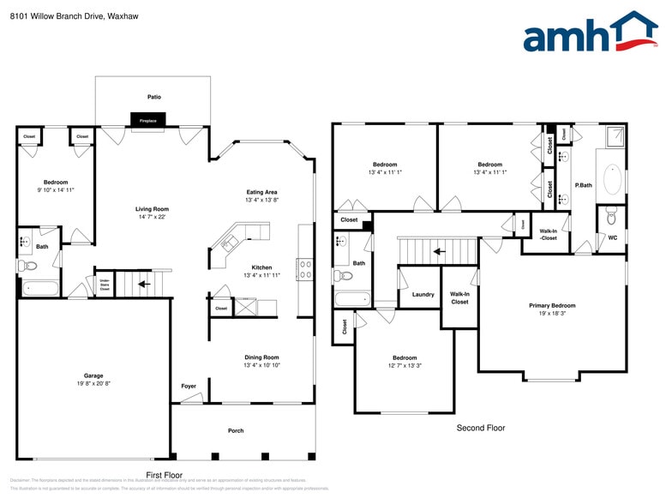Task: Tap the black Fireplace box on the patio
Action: tap(148, 120)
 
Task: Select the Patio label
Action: tap(153, 97)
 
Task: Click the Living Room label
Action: tap(152, 209)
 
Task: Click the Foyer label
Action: tap(189, 386)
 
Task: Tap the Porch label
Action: tap(236, 430)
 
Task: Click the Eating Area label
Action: tap(261, 192)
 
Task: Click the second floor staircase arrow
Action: tap(439, 251)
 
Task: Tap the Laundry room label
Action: tap(423, 295)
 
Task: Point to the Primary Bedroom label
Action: tap(552, 305)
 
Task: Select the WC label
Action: tap(612, 237)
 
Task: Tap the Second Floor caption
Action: tap(480, 428)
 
